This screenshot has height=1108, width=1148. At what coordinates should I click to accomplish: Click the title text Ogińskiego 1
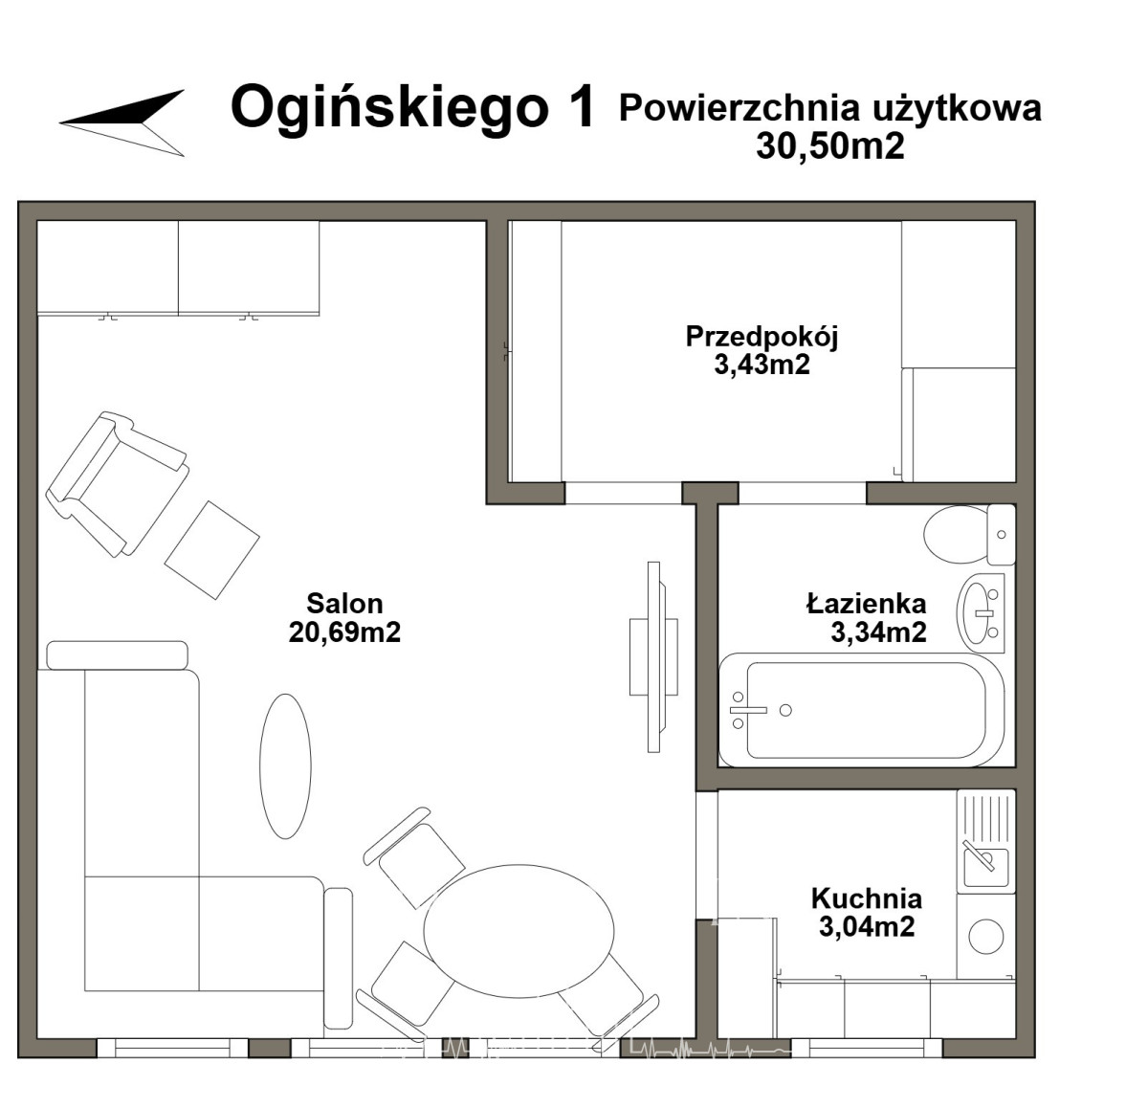click(x=412, y=108)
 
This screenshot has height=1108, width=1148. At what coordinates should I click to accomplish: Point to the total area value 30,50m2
click(x=830, y=145)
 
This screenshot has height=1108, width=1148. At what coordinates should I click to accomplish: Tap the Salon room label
click(x=344, y=603)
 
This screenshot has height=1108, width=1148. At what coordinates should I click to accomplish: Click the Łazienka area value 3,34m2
click(x=878, y=632)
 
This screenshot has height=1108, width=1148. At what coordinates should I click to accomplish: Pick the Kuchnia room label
click(x=866, y=898)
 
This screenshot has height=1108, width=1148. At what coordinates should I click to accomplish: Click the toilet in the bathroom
click(x=969, y=535)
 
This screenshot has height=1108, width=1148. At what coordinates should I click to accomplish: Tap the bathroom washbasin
click(x=981, y=612)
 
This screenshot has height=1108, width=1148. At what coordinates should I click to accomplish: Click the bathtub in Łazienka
click(x=862, y=710)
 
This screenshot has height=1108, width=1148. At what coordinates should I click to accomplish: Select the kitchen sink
click(x=985, y=867)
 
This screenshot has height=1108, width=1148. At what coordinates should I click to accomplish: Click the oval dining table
click(x=519, y=930)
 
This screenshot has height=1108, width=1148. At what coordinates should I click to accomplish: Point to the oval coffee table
click(x=285, y=765)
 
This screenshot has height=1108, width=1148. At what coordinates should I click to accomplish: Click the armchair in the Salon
click(x=118, y=484)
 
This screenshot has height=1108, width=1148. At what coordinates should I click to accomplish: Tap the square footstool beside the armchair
click(x=211, y=550)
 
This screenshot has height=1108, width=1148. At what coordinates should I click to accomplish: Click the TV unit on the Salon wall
click(x=653, y=656)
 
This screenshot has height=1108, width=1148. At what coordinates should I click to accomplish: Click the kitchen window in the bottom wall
click(x=867, y=1049)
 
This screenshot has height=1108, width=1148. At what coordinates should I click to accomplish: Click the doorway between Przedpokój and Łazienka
click(x=803, y=493)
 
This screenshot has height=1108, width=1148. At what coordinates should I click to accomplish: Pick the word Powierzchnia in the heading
click(x=740, y=108)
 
